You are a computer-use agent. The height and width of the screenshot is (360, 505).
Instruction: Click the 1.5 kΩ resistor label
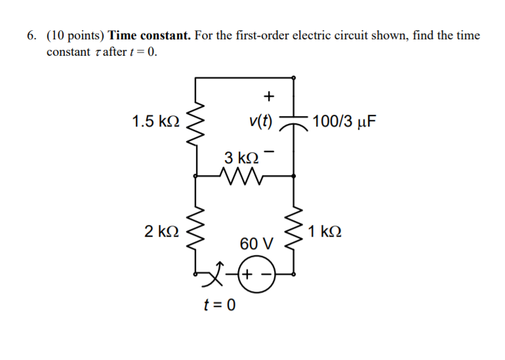(154, 121)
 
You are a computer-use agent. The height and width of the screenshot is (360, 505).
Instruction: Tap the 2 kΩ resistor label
(161, 231)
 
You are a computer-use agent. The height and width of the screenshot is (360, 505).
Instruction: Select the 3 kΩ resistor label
(241, 158)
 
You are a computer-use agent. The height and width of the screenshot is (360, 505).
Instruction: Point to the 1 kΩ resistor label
(326, 231)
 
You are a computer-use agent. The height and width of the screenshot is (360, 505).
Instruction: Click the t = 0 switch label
(220, 305)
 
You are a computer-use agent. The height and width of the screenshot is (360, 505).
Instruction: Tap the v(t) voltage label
(260, 121)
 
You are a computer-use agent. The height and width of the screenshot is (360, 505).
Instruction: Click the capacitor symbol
(293, 123)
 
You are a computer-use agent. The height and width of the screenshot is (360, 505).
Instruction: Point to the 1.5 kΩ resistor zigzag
(195, 125)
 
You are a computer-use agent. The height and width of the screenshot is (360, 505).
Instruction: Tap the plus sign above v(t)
(268, 96)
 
